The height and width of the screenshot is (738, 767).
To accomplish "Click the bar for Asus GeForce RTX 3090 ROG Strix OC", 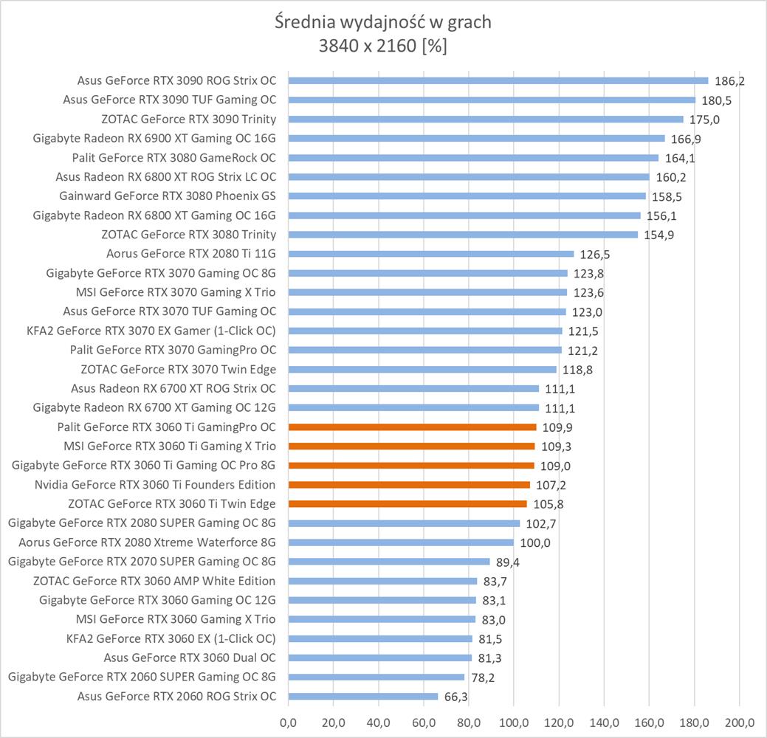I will coord(498,80).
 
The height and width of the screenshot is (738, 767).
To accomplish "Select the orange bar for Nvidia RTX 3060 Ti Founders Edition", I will coord(409,485).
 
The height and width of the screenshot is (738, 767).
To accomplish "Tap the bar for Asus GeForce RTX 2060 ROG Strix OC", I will coord(362,696).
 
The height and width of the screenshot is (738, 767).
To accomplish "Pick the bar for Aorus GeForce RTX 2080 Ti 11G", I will coord(430,254).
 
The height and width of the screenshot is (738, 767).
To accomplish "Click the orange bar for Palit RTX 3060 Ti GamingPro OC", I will coord(412,427).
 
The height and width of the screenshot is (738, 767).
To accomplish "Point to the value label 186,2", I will coord(729,81).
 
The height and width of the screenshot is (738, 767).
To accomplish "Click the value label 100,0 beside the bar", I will coord(535,543).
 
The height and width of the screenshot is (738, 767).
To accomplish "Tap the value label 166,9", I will coord(686,139).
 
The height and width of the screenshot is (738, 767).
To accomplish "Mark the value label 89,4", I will coord(511,562).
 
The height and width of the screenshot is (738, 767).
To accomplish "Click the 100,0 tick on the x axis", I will coord(514,721).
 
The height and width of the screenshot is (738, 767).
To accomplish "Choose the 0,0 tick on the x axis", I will coord(288,721).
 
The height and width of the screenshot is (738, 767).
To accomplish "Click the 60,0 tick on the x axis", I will coord(424,721).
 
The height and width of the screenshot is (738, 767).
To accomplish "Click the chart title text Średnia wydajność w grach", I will coord(382,22).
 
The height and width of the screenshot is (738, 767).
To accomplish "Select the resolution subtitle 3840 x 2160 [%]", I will coord(382,46).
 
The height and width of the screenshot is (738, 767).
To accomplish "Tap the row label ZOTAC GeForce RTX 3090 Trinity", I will coord(188,119).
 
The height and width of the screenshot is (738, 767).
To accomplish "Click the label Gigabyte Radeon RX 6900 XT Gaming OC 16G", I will coord(154,138).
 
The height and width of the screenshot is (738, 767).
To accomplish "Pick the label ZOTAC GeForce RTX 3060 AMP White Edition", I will coord(154,581).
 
